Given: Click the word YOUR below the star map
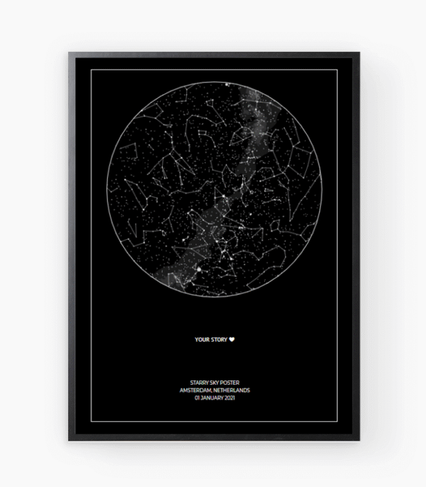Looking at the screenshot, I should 202,339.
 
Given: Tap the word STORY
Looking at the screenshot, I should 219,339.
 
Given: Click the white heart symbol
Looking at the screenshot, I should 231,339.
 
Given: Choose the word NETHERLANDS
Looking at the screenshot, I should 232,390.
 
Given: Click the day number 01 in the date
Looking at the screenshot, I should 197,398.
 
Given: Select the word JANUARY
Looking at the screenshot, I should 212,398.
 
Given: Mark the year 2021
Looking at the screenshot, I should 229,398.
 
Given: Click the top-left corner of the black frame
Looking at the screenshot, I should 70,53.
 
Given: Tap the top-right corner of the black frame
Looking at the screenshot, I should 359,53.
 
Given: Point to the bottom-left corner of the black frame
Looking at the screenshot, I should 70,440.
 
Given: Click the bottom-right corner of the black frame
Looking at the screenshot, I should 359,440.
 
